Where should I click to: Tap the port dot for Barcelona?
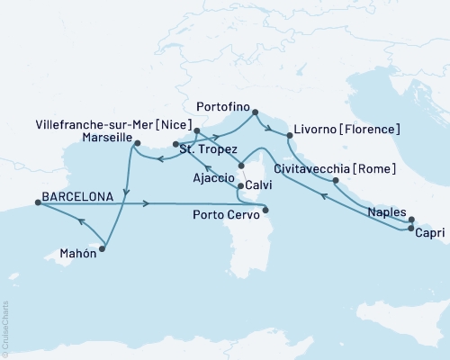[38, 203]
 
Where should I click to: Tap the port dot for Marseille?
[137, 142]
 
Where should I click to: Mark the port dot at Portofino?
[254, 112]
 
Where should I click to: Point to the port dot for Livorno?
[288, 136]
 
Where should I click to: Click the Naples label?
[387, 213]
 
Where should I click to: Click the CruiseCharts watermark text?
[5, 328]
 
